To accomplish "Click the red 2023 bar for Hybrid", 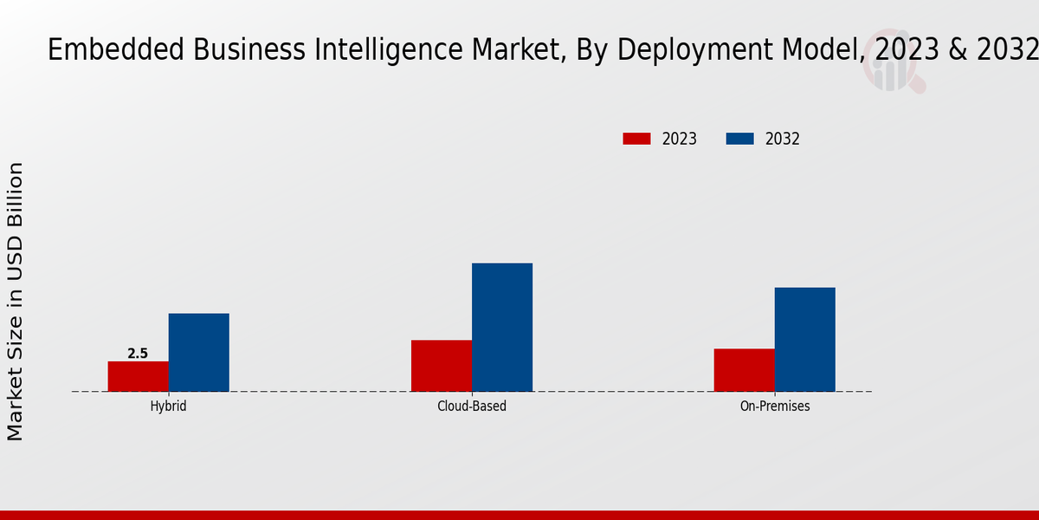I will pos(139,376).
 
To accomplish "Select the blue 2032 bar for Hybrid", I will pos(199,352).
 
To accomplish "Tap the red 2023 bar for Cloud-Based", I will pos(442,366).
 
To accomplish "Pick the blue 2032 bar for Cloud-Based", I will pos(502,327).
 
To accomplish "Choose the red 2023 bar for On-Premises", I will pos(745,370).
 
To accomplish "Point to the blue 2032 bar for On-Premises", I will pos(805,339).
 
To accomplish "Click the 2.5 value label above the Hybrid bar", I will pos(138,354).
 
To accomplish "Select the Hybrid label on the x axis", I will pos(168,406).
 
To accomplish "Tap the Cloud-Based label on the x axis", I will pos(472,406).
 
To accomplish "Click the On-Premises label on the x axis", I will pos(775,406).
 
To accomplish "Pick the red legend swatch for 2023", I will pos(636,139).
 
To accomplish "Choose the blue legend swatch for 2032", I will pos(739,139).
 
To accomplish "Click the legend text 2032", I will pos(783,139).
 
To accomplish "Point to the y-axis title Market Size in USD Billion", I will pos(16,301).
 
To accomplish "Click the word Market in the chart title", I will pos(516,50).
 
